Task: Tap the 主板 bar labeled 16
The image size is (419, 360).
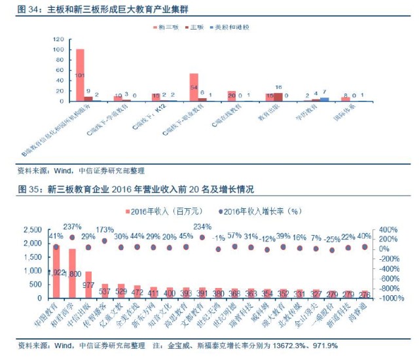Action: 278,97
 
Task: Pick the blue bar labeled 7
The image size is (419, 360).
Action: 324,99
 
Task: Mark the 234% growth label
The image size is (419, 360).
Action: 202,227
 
